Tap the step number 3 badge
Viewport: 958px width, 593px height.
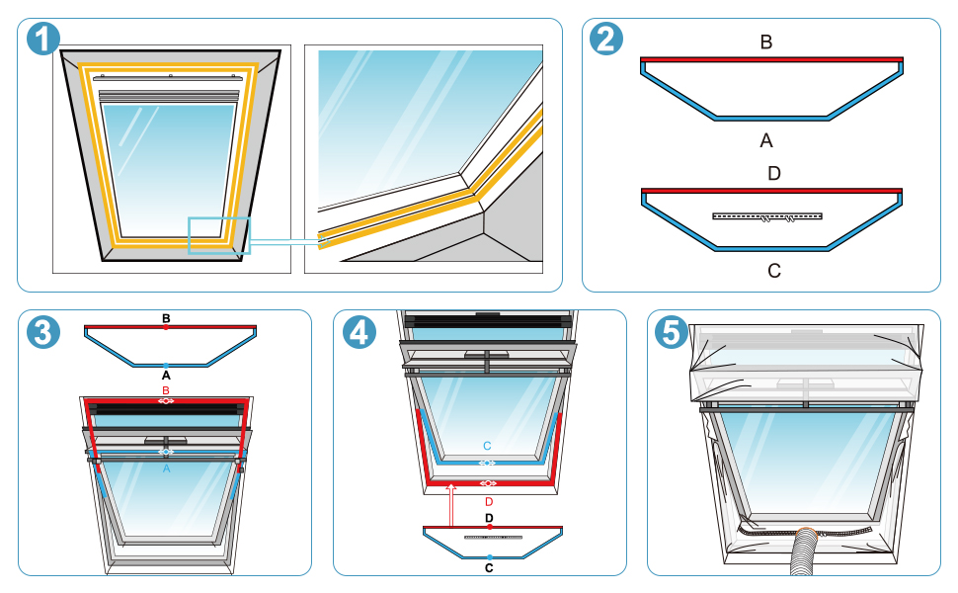point(42,331)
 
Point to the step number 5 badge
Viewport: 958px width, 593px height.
point(672,331)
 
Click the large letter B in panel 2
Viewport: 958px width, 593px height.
point(766,42)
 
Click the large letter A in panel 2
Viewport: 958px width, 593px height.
point(766,140)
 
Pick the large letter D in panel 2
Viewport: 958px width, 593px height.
point(773,174)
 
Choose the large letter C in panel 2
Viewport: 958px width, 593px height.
point(773,270)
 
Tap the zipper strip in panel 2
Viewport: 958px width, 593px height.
point(767,215)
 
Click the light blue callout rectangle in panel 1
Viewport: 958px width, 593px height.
point(218,235)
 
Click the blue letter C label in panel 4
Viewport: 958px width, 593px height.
point(487,447)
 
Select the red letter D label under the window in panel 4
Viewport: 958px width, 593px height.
point(488,501)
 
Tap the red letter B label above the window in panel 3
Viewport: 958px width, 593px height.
point(166,391)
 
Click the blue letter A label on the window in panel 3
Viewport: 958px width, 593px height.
point(166,469)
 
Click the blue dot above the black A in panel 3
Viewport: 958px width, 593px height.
point(166,367)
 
